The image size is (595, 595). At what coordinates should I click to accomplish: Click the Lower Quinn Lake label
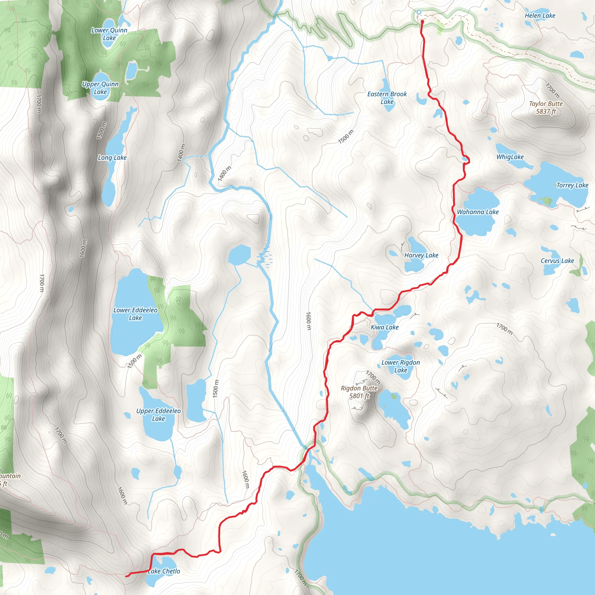pos(109,34)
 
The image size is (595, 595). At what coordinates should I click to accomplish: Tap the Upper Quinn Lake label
pos(100,88)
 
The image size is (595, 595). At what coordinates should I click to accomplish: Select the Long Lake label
pos(112,158)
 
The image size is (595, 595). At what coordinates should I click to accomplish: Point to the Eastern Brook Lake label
pos(387,98)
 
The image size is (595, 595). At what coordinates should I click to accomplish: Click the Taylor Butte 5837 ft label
pos(546,107)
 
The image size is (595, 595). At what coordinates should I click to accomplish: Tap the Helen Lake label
pos(540,16)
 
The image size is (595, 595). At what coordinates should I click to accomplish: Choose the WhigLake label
pos(510,157)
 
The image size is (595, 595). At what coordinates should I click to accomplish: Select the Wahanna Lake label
pos(478,212)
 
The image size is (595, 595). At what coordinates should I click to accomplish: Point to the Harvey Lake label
pos(421,255)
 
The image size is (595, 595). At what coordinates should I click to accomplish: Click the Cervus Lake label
pos(557,261)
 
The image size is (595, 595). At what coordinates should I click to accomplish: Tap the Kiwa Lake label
pos(384,327)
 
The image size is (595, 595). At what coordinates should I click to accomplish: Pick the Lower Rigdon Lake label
pos(400,366)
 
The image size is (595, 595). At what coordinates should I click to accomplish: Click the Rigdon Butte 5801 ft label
pos(359,392)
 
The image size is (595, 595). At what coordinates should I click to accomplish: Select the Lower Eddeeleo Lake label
pos(135,314)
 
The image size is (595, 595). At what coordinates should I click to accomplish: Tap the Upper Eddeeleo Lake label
pos(158,415)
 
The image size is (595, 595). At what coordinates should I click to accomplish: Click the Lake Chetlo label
pos(164,571)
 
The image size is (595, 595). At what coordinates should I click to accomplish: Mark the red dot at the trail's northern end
pos(422,22)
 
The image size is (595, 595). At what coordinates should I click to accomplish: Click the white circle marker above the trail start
pos(419,12)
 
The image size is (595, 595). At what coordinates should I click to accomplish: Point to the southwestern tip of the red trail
pos(126,576)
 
